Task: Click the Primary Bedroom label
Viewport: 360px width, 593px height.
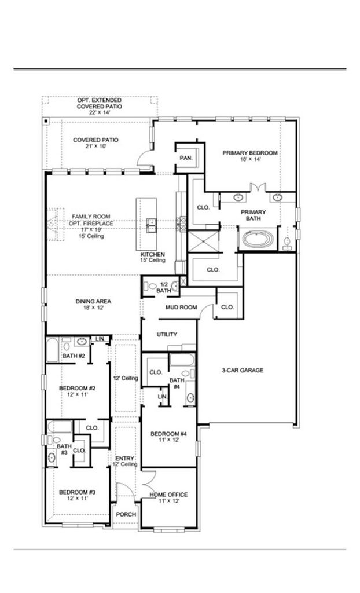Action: pyautogui.click(x=250, y=156)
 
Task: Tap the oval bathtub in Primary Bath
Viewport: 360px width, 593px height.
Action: pyautogui.click(x=258, y=239)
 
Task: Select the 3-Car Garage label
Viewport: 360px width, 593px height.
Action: pyautogui.click(x=243, y=370)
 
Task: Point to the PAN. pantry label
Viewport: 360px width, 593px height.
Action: pyautogui.click(x=186, y=158)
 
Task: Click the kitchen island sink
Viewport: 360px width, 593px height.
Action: pyautogui.click(x=151, y=225)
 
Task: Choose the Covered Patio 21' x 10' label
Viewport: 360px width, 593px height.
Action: pyautogui.click(x=95, y=142)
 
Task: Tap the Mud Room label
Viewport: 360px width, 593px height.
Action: pyautogui.click(x=181, y=307)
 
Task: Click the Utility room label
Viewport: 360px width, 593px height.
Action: pyautogui.click(x=167, y=334)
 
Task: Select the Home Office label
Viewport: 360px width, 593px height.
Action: pyautogui.click(x=168, y=497)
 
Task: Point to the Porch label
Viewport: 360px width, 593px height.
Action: pyautogui.click(x=126, y=514)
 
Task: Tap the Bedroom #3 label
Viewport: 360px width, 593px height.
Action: pyautogui.click(x=77, y=495)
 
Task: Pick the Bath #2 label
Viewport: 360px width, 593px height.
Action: pyautogui.click(x=74, y=356)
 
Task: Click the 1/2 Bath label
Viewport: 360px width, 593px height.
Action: pyautogui.click(x=164, y=287)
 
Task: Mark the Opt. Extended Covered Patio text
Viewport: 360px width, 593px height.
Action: pyautogui.click(x=100, y=107)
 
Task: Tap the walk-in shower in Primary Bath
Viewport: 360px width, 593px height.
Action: pyautogui.click(x=204, y=241)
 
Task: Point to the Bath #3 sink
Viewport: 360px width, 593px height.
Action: pyautogui.click(x=52, y=457)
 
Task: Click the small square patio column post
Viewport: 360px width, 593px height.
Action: pyautogui.click(x=45, y=121)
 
